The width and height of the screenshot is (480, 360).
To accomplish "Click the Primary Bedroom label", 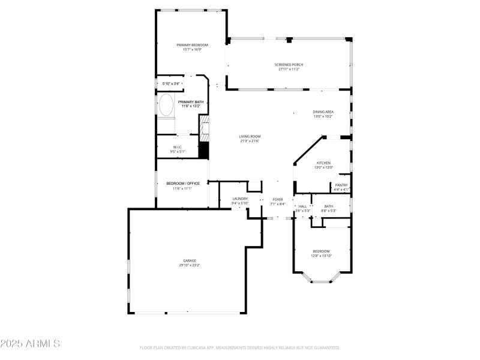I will click(x=192, y=45).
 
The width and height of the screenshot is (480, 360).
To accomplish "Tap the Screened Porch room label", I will click(x=289, y=64).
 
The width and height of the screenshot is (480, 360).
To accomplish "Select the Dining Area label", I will click(x=323, y=112).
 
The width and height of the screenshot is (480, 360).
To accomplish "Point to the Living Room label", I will click(x=250, y=136).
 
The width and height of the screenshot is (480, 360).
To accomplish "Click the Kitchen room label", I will click(x=324, y=163).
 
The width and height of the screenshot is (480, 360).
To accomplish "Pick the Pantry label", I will click(x=341, y=185).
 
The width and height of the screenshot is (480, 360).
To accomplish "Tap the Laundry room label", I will click(x=240, y=199).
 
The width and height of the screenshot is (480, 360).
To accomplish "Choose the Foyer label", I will click(x=278, y=199).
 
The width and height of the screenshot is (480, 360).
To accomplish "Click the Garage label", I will click(x=190, y=260).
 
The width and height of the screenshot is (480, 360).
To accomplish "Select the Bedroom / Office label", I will click(x=182, y=183).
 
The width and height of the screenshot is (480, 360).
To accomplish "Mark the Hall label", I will click(x=302, y=206).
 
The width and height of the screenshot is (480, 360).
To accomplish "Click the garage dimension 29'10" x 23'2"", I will click(x=190, y=265).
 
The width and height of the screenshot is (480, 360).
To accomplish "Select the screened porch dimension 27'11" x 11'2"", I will click(x=289, y=69).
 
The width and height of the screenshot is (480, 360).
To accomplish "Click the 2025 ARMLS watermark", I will click(x=30, y=344).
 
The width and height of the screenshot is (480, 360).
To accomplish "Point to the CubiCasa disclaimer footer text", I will click(x=240, y=347).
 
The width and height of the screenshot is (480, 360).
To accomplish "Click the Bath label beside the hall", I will click(x=329, y=206).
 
